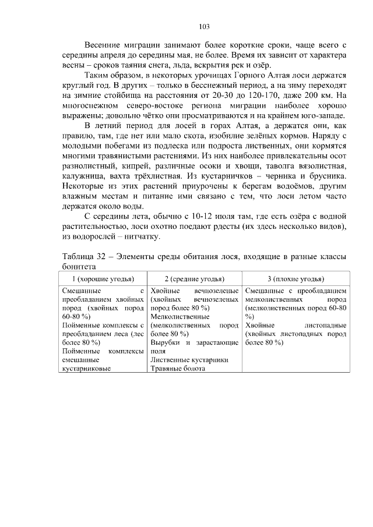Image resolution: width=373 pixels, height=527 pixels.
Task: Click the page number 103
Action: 204,26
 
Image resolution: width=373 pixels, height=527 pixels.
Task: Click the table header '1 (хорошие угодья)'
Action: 103,279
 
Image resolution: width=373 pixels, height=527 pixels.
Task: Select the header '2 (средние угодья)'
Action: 194,279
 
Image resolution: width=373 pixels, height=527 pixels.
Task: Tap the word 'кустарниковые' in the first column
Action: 86,369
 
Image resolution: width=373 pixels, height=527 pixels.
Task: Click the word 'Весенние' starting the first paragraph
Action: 102,44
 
